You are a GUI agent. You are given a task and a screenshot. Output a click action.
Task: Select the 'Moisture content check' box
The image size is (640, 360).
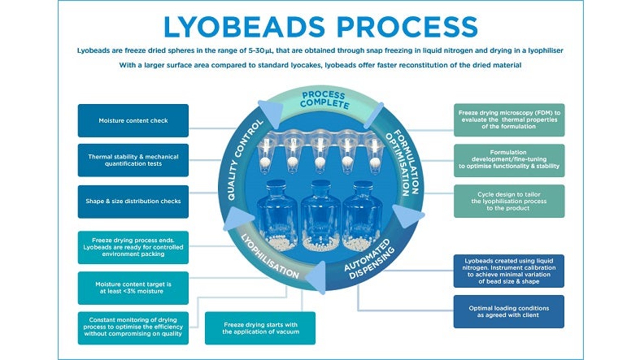122,120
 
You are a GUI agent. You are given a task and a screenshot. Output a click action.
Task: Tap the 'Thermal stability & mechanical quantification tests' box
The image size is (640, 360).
122,160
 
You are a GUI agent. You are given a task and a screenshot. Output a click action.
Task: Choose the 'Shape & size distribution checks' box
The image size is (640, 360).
122,202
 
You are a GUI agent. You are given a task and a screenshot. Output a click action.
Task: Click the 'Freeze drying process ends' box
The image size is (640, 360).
122,248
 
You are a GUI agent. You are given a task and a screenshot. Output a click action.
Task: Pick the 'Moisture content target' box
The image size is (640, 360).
122,287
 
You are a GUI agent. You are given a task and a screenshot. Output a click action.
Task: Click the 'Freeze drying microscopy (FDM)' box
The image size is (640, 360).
508,119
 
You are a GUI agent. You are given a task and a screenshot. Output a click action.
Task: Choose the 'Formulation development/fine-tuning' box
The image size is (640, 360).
508,161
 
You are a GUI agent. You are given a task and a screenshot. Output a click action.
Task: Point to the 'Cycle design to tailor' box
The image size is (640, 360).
508,200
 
